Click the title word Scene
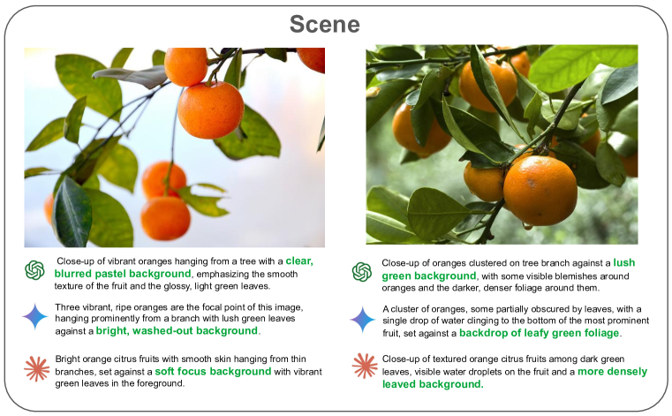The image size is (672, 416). coord(324,24)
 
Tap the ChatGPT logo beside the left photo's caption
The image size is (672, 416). coord(34,270)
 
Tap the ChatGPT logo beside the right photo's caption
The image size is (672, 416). coord(362,272)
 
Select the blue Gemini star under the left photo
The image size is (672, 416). coord(35,316)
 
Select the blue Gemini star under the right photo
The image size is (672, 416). coord(363,320)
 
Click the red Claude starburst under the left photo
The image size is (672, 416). coord(37,369)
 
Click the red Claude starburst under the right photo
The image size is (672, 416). coord(365,366)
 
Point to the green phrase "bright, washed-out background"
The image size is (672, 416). coord(177,331)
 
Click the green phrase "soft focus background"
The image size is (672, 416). coord(213,372)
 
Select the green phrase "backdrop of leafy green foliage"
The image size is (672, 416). coord(540,333)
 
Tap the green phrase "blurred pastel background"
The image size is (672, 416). coord(123,274)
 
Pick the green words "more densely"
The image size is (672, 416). coord(613,372)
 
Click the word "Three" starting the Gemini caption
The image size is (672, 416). coord(66,307)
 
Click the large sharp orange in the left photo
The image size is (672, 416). coord(210,110)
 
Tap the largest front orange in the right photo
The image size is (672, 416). coord(540,191)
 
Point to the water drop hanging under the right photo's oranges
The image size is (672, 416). coord(526,225)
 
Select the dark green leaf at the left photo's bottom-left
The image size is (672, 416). coord(72,212)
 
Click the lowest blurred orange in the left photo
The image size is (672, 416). coord(165,218)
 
